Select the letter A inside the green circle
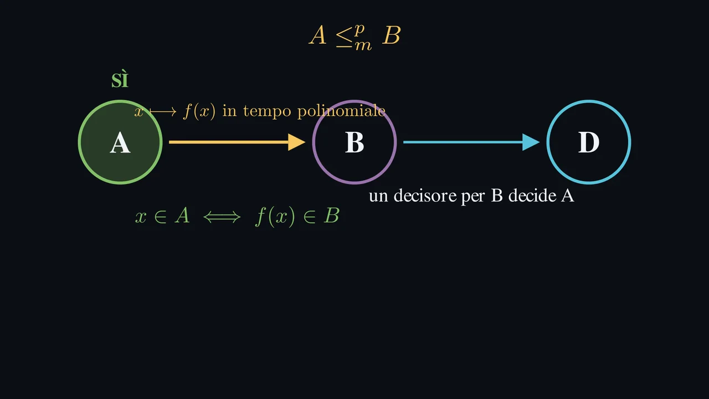pyautogui.click(x=120, y=143)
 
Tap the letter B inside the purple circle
pyautogui.click(x=354, y=142)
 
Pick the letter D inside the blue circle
pyautogui.click(x=589, y=142)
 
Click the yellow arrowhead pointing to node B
pyautogui.click(x=296, y=142)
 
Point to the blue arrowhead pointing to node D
pyautogui.click(x=531, y=142)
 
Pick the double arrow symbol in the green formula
pyautogui.click(x=222, y=217)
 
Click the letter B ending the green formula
pyautogui.click(x=331, y=216)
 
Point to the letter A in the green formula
pyautogui.click(x=182, y=216)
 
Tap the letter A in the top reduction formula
pyautogui.click(x=318, y=35)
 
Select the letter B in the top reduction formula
pyautogui.click(x=392, y=35)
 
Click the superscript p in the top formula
pyautogui.click(x=359, y=30)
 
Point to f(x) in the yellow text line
pyautogui.click(x=199, y=111)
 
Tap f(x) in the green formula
pyautogui.click(x=275, y=217)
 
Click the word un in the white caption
pyautogui.click(x=378, y=197)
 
